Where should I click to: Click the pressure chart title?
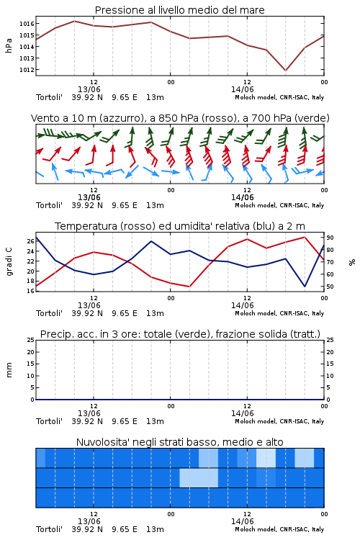click(179, 10)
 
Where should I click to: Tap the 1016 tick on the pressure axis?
click(27, 24)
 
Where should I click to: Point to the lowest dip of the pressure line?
click(285, 71)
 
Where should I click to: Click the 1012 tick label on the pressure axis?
click(27, 70)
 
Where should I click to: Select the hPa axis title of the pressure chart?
click(9, 45)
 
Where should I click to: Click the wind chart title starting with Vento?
click(180, 118)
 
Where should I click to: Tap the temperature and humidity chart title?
click(180, 226)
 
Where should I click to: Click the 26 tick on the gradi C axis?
click(30, 241)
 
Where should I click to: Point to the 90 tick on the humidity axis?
click(330, 238)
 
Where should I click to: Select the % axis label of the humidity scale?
click(352, 262)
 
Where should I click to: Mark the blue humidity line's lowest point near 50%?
click(305, 286)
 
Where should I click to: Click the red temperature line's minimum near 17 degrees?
click(189, 286)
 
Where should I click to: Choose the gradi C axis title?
click(9, 261)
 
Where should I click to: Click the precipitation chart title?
click(180, 334)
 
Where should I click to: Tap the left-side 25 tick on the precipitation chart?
click(31, 340)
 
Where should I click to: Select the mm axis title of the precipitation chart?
click(9, 370)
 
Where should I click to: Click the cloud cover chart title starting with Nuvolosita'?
click(179, 442)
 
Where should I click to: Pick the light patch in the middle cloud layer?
click(199, 477)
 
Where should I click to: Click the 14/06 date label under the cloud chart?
click(242, 521)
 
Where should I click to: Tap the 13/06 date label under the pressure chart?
click(89, 89)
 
